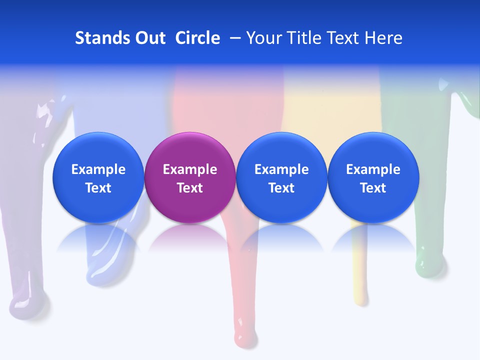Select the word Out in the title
pyautogui.click(x=149, y=38)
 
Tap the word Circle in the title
pyautogui.click(x=197, y=38)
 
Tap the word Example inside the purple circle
pyautogui.click(x=189, y=169)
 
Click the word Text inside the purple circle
pyautogui.click(x=189, y=188)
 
